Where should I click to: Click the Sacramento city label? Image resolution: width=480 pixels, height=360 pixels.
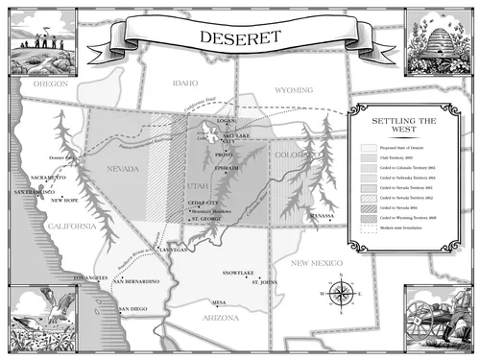coord(47,179)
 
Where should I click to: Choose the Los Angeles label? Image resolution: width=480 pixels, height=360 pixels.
coord(92,277)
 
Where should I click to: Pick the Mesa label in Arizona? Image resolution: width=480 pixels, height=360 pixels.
coord(220,301)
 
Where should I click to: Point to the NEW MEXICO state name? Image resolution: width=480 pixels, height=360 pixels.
coord(324,262)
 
